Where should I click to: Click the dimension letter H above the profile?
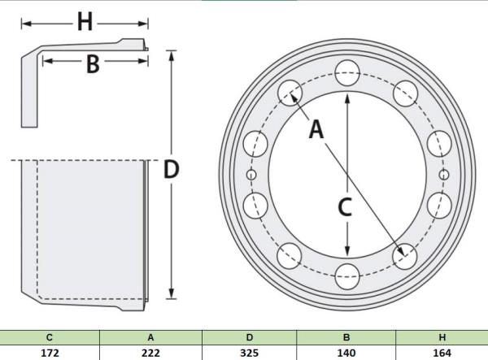pos(85,23)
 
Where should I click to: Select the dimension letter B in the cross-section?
pos(93,64)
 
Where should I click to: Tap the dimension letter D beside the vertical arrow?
pos(171,169)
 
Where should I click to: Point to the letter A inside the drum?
pos(316,129)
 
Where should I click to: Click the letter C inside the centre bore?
pos(345,207)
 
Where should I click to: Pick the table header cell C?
pos(50,337)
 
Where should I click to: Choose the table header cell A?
pos(150,337)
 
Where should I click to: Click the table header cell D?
pos(250,337)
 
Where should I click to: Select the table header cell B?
pos(346,337)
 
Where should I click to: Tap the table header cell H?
pos(442,337)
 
